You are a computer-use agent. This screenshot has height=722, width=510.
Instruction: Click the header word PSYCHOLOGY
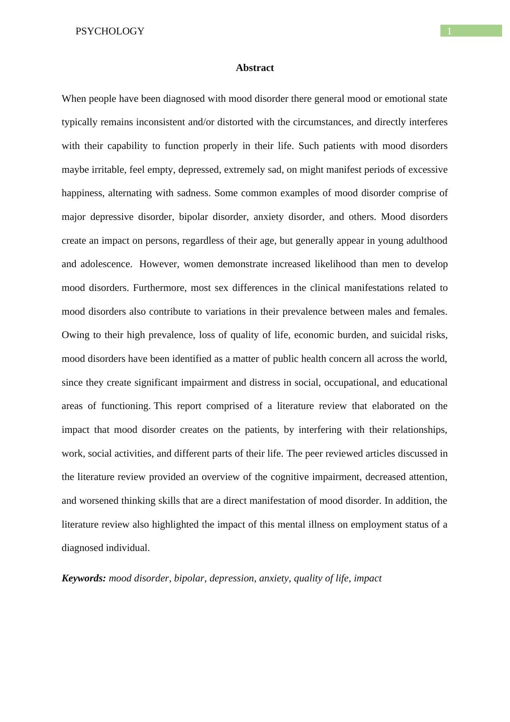[110, 31]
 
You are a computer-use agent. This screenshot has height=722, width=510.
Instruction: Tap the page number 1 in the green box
[449, 31]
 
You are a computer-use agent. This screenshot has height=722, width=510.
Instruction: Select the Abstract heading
[255, 68]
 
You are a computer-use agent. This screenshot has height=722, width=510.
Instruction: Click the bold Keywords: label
[84, 578]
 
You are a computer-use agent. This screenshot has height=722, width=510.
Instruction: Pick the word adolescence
[105, 264]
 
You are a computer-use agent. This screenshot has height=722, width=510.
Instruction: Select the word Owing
[75, 335]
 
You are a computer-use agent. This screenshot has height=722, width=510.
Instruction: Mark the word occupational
[351, 383]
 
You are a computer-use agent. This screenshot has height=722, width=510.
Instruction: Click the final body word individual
[128, 548]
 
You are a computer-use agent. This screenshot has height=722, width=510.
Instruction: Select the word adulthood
[424, 241]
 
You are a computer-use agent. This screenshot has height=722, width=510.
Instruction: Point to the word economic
[313, 335]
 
